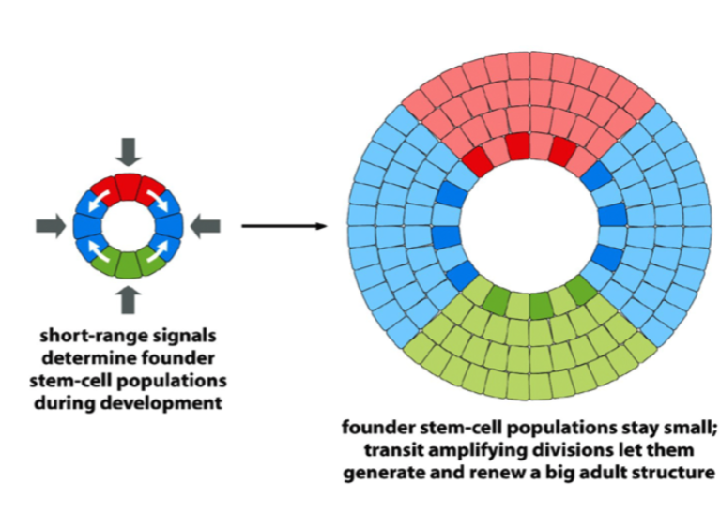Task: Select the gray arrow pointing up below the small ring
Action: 130,298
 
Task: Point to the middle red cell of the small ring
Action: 130,185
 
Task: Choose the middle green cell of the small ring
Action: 130,265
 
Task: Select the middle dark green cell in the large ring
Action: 539,304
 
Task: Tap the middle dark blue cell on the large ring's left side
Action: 445,234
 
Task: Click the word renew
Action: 512,474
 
